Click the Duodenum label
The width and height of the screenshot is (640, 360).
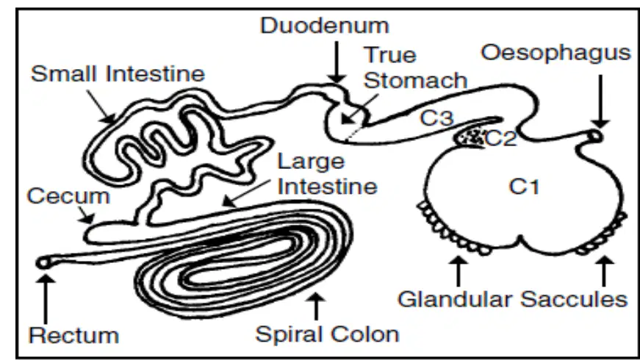coord(325,25)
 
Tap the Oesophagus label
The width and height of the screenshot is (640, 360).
coord(556,54)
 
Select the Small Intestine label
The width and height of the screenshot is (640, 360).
coord(118,74)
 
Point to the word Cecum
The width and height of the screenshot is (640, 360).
coord(68,196)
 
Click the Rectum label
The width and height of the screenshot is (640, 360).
coord(74,336)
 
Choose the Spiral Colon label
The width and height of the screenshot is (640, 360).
coord(327,334)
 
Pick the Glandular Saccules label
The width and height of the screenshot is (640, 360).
coord(512,299)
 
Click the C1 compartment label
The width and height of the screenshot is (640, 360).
coord(524,187)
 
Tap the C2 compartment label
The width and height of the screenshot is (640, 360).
coord(501,139)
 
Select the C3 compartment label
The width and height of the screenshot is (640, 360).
coord(436,118)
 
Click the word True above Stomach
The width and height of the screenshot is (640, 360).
coord(389,55)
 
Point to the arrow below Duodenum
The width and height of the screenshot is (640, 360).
coord(337,62)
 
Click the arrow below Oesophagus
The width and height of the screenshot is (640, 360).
coord(600,101)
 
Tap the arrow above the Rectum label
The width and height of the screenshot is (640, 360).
coord(46,299)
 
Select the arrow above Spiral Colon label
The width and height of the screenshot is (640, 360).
coord(315,306)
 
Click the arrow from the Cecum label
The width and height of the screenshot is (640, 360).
coord(86,215)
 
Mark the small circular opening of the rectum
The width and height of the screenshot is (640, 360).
coord(43,263)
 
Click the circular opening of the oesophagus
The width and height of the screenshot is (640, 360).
coord(595,136)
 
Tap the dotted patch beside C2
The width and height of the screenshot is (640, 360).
coord(470,137)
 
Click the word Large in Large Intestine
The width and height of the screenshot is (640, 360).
coord(311,162)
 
